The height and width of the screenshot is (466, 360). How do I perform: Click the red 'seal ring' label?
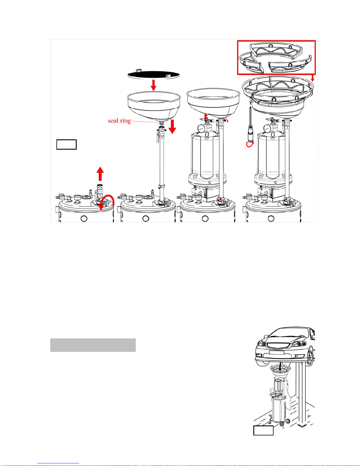coord(119,121)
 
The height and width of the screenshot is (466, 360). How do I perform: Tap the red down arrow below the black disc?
coord(153,85)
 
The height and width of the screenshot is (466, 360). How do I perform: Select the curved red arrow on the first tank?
coord(107,202)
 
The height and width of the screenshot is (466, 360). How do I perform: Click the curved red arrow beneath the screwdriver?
coord(250,144)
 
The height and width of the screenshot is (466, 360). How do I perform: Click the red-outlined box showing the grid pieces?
coord(277,57)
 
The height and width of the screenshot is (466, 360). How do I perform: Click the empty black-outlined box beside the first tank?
coord(66,144)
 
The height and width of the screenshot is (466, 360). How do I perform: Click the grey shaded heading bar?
coord(93,345)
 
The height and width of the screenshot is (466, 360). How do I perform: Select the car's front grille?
coord(279,345)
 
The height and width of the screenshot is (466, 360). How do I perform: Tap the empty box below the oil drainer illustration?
coord(263,430)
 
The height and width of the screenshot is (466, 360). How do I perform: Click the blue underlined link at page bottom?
coord(58,463)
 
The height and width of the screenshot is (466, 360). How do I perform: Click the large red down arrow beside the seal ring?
coord(172,127)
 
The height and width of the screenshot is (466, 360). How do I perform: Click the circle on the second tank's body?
coord(146,218)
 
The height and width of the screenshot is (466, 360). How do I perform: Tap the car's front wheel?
coord(311,357)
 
